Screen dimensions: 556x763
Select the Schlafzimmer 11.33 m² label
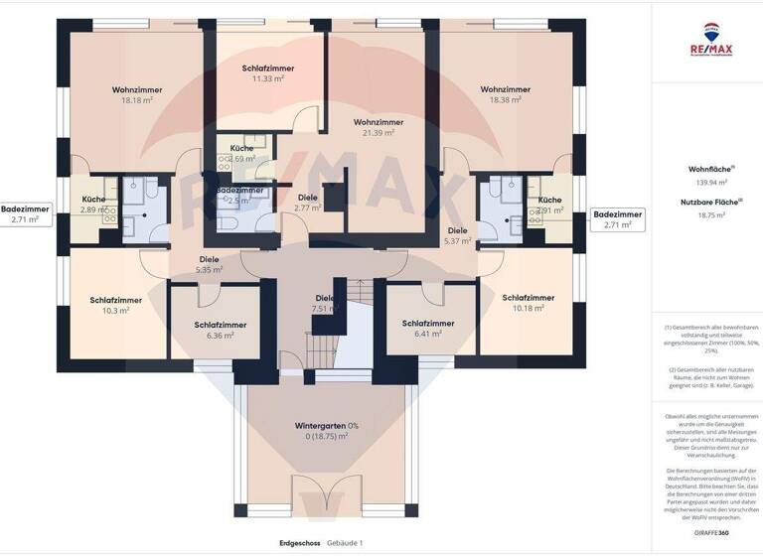click(268, 72)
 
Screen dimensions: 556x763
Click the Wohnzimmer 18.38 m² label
click(506, 95)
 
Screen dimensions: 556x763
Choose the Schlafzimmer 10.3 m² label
click(115, 305)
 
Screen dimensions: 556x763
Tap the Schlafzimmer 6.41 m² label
click(428, 329)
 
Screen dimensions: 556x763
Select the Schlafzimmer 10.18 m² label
click(528, 304)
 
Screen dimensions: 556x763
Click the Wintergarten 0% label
click(327, 430)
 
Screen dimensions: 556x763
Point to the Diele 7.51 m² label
click(325, 303)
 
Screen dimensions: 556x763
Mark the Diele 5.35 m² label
click(208, 264)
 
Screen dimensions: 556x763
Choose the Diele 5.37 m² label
click(457, 236)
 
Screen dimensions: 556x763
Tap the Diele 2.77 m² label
click(308, 203)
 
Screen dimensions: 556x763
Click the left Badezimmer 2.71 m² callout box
click(25, 214)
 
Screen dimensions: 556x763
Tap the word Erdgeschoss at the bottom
click(301, 543)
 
